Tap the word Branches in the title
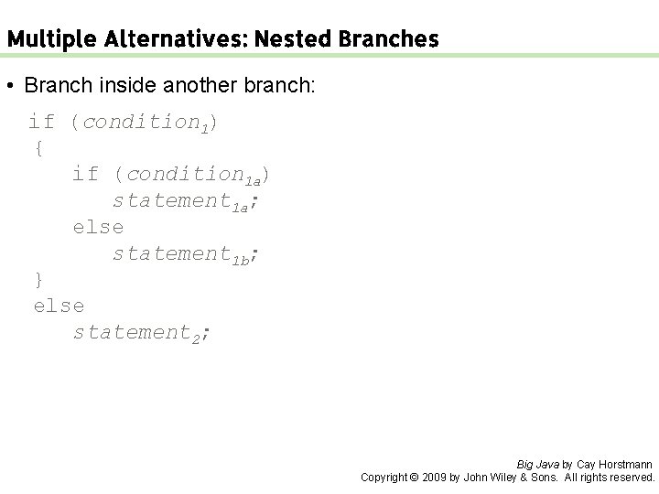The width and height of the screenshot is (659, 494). point(389,40)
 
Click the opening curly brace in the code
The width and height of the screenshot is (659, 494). point(38,146)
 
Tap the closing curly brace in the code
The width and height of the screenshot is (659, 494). point(38,278)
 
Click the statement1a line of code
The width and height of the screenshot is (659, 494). point(186,200)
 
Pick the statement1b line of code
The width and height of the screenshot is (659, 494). point(186,253)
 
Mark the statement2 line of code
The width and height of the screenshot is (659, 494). point(142,332)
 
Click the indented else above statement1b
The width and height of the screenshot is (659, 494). point(98,226)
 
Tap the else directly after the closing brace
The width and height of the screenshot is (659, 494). point(59,305)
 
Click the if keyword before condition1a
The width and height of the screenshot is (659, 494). point(85,173)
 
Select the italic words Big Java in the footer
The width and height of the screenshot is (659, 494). point(538,465)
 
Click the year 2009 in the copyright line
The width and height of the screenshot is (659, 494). point(432,478)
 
